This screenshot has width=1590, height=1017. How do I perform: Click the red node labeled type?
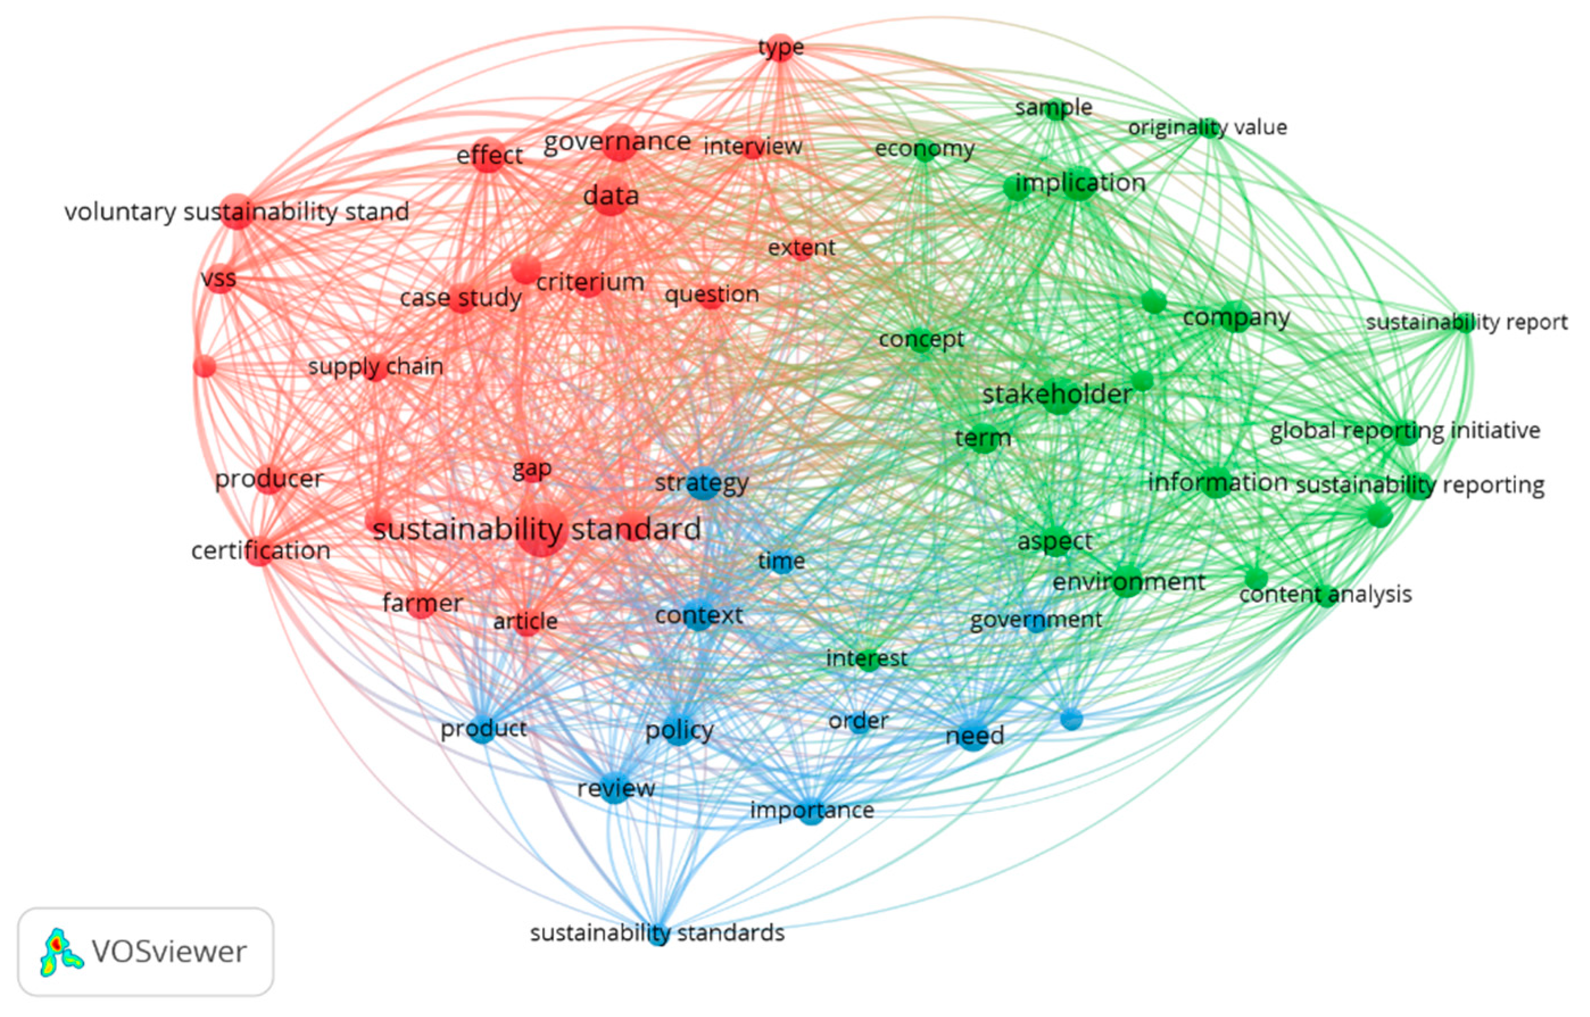click(x=781, y=48)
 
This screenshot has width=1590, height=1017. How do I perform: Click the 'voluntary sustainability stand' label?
click(x=236, y=212)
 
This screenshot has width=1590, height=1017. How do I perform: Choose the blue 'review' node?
click(x=616, y=788)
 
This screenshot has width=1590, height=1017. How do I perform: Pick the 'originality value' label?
click(x=1207, y=127)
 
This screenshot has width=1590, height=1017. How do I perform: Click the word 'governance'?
click(x=617, y=141)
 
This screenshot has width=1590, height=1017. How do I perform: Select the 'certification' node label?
click(x=261, y=551)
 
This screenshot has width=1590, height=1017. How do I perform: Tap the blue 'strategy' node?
click(x=703, y=484)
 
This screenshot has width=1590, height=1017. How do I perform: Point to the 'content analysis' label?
click(x=1325, y=594)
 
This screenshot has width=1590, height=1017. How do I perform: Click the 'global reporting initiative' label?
click(x=1405, y=431)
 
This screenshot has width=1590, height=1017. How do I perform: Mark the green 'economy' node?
click(x=924, y=149)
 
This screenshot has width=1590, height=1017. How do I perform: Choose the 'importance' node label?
click(x=812, y=810)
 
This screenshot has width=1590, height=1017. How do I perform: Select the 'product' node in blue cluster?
click(x=483, y=729)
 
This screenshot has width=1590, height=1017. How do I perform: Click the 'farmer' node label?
click(x=422, y=603)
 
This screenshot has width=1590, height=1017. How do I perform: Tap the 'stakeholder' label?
click(x=1057, y=395)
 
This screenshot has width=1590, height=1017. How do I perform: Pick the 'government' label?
click(x=1035, y=620)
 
